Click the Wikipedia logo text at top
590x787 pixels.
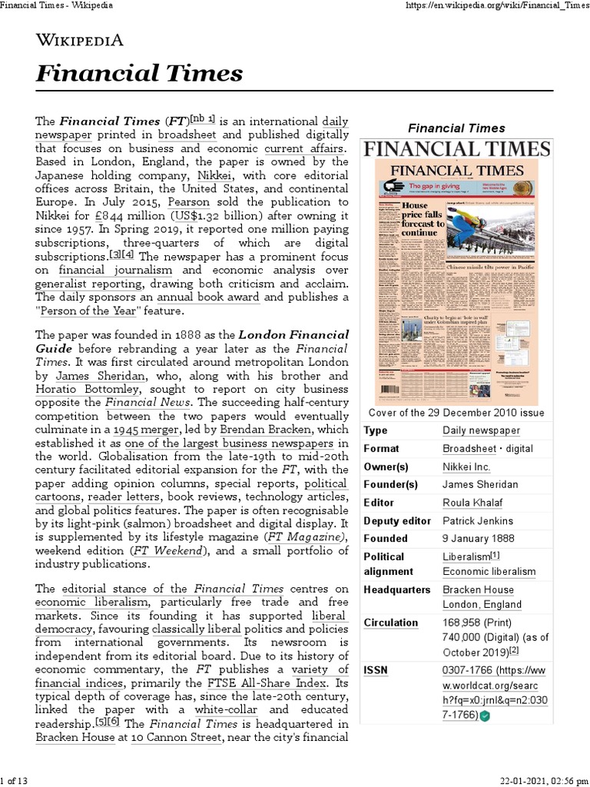click(79, 41)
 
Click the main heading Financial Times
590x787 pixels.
click(139, 74)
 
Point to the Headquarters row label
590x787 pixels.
click(397, 589)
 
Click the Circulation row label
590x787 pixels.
click(391, 623)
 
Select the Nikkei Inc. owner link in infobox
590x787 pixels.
click(466, 467)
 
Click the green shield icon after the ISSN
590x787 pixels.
click(485, 716)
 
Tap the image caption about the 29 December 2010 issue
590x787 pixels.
click(456, 412)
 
